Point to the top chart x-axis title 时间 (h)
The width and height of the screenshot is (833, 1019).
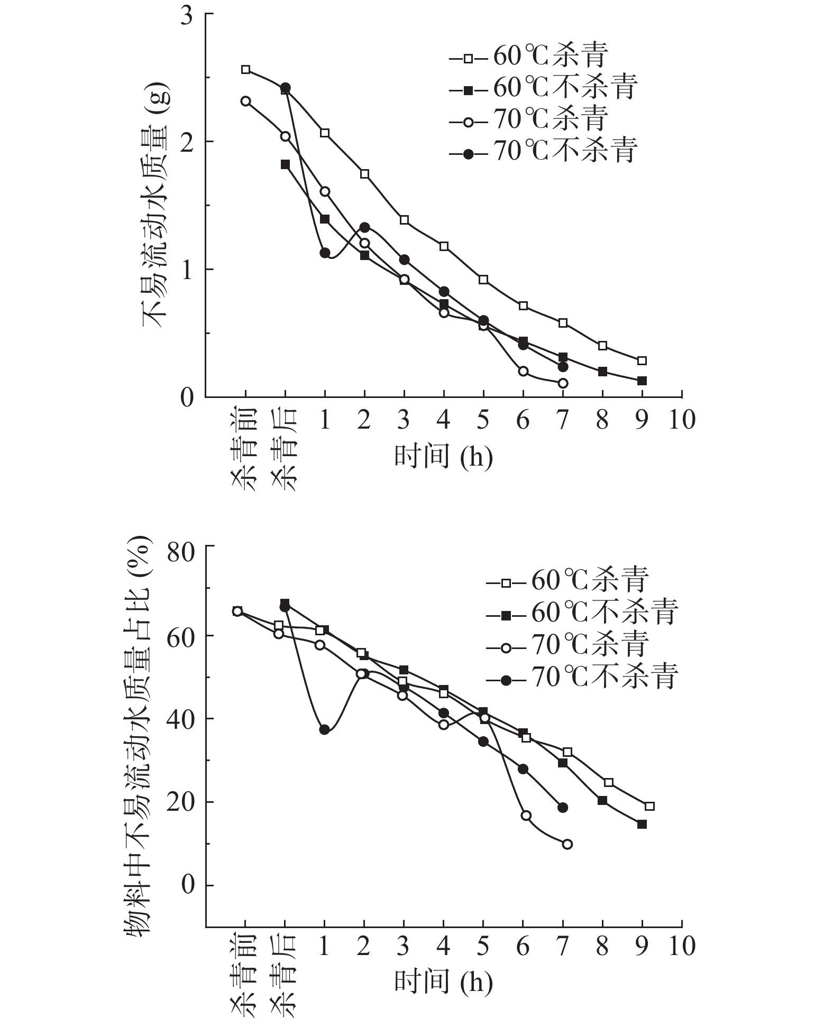tap(443, 456)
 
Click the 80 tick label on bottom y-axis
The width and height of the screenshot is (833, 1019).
tap(181, 546)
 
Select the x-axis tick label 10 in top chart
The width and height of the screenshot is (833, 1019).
tap(681, 420)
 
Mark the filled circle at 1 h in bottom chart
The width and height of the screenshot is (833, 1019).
tap(324, 730)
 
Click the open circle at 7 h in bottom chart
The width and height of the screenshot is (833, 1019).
tap(567, 845)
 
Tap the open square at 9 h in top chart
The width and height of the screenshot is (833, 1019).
tap(642, 360)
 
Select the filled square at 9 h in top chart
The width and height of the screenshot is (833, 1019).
tap(642, 381)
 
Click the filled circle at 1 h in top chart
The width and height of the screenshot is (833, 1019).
tap(325, 253)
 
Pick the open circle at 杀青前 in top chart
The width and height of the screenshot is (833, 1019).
tap(245, 101)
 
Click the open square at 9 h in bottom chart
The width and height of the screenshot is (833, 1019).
tap(649, 806)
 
